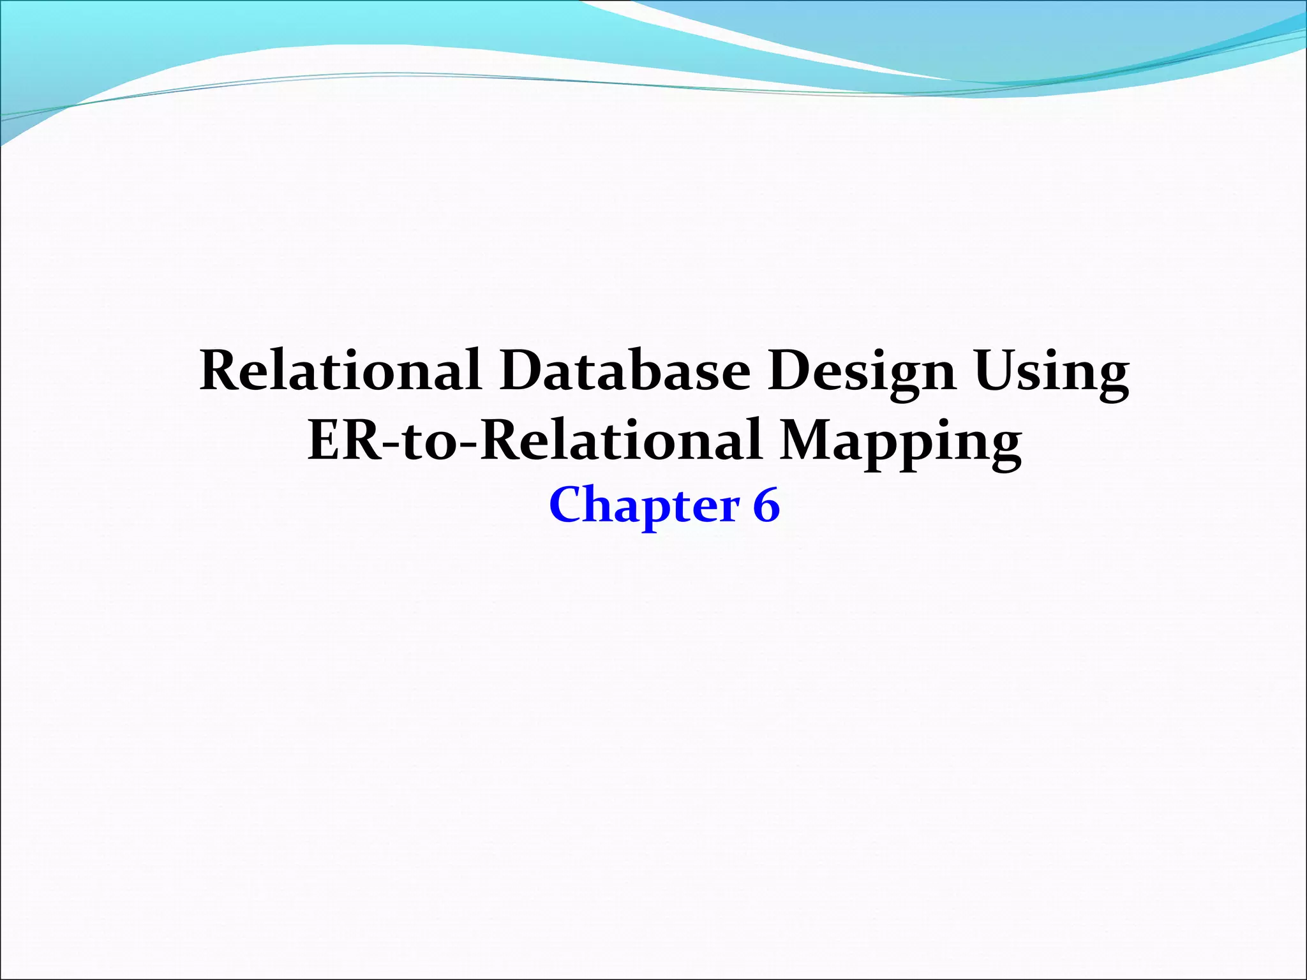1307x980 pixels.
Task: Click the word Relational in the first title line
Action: point(340,371)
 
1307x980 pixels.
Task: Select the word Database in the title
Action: point(625,371)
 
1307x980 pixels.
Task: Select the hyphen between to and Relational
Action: point(469,444)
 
